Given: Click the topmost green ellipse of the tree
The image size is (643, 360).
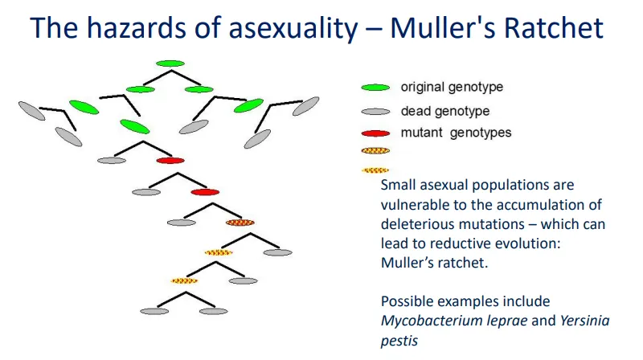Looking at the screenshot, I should click(x=170, y=63).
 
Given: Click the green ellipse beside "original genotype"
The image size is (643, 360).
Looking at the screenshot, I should click(x=376, y=88).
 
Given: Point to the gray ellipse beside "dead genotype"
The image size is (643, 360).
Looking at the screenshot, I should click(x=376, y=112).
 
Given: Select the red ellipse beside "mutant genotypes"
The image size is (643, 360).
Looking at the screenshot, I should click(x=376, y=133).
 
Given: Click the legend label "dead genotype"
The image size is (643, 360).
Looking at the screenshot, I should click(x=444, y=111).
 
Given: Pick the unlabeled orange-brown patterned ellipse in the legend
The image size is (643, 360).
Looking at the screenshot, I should click(x=376, y=150).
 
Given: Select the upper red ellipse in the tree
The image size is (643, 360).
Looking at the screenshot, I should click(x=170, y=161).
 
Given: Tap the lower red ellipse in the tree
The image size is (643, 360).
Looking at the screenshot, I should click(x=205, y=192).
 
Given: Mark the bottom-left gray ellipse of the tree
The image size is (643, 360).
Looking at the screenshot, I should click(x=154, y=311).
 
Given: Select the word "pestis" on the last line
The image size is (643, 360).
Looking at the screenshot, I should click(x=399, y=340).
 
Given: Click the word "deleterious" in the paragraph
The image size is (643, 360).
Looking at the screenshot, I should click(x=420, y=224).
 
